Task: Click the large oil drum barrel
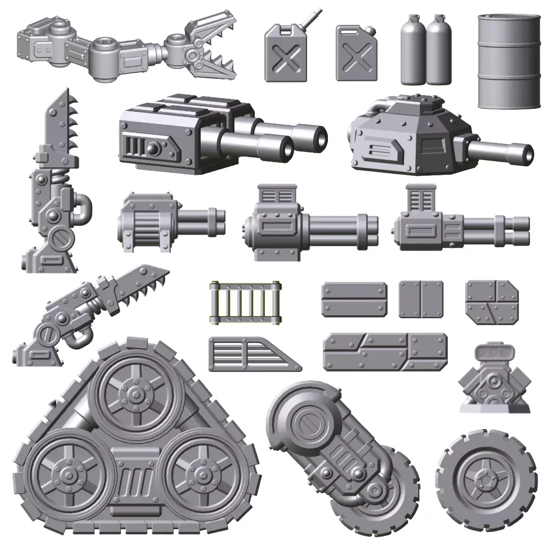pos(509,61)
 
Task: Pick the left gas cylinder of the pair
pos(413,51)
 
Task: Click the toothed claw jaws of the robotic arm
pos(213,48)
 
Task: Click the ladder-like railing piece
pos(245,303)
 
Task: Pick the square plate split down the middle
pos(420,299)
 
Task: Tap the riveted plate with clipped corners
pos(492,301)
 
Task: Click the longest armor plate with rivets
pos(385,352)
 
